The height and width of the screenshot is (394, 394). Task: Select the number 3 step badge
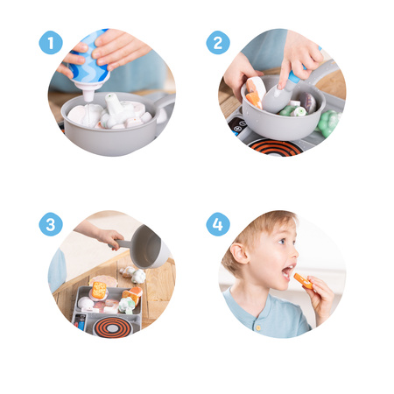(x=51, y=224)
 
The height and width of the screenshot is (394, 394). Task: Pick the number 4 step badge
(x=218, y=224)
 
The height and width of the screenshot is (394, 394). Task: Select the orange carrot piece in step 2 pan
(x=253, y=96)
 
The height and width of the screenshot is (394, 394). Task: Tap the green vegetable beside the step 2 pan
(x=327, y=123)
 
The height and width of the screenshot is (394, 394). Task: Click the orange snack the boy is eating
(x=302, y=281)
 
